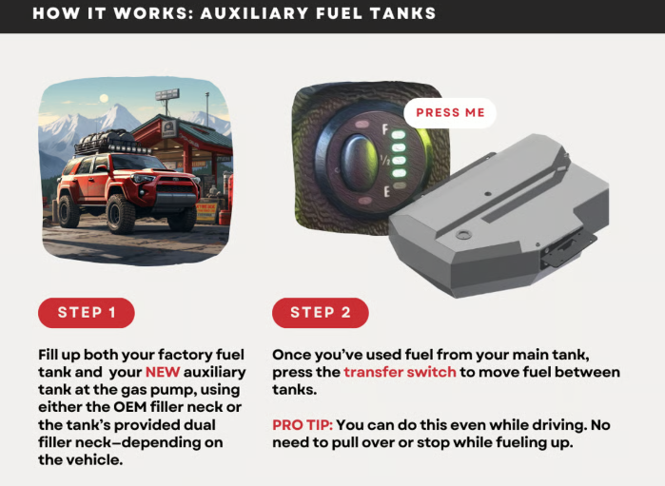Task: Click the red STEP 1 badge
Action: (x=87, y=313)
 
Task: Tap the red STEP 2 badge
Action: (x=321, y=313)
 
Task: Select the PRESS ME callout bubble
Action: (x=450, y=113)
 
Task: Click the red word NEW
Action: (x=163, y=372)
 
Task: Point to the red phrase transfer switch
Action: (x=400, y=372)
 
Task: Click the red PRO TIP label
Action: (x=303, y=425)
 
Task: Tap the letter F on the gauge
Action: (x=385, y=129)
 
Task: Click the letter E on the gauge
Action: (x=386, y=192)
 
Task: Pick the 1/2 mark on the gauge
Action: (x=385, y=161)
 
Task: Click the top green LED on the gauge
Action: (x=399, y=135)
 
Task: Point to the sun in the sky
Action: (x=104, y=98)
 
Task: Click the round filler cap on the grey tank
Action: (x=463, y=235)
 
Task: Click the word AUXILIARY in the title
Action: (x=254, y=13)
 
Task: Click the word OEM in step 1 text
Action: (x=128, y=407)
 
